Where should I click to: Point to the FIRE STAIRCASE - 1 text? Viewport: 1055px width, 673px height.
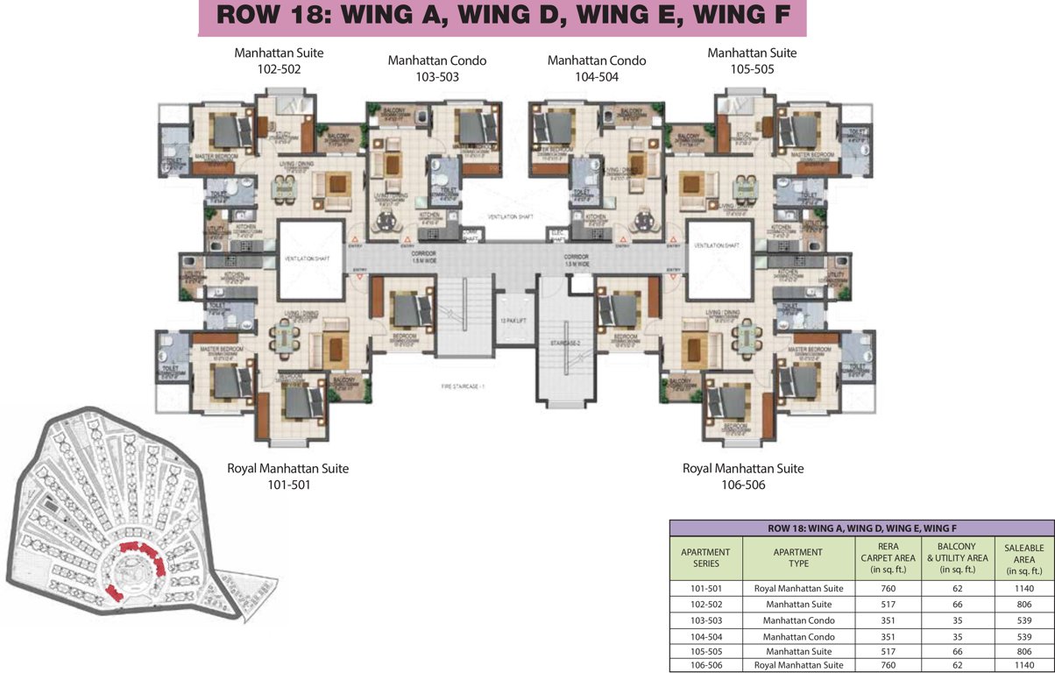[x=463, y=386]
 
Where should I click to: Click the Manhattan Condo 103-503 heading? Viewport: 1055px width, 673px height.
[x=436, y=68]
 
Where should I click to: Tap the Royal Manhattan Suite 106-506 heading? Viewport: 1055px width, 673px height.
[x=742, y=476]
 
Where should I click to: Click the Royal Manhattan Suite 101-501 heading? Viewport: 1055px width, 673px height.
[x=287, y=476]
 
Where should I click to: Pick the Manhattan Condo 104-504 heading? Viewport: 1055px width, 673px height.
[x=596, y=68]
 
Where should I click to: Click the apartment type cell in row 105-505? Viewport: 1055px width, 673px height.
[x=797, y=651]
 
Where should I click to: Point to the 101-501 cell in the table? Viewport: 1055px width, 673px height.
[x=705, y=588]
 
